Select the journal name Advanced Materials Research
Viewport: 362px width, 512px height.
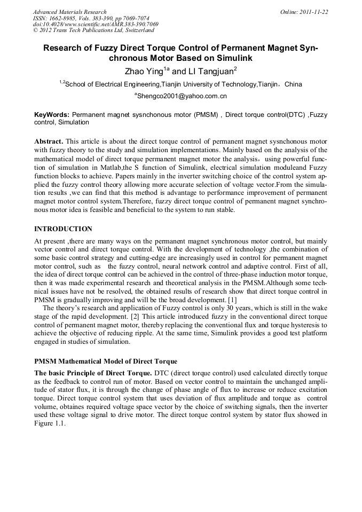70,11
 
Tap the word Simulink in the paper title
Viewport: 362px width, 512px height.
233,58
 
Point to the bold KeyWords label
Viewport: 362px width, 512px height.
52,115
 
